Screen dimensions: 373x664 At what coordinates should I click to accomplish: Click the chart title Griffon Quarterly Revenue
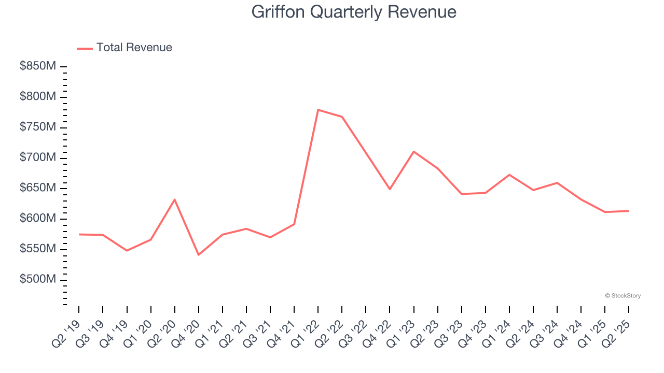(x=354, y=12)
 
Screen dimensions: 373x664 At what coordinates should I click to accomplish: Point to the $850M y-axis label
(x=38, y=66)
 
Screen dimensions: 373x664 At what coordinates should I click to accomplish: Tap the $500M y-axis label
(x=38, y=279)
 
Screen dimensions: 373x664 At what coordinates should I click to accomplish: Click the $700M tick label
(x=38, y=157)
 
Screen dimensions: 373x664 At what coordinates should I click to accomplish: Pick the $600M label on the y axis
(x=38, y=218)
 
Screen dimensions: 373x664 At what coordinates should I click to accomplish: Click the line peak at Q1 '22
(x=317, y=110)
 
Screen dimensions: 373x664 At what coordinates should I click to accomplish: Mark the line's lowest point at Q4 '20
(x=198, y=255)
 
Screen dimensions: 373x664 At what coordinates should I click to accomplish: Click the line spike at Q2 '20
(x=174, y=199)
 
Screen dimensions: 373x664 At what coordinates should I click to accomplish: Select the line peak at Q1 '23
(x=413, y=151)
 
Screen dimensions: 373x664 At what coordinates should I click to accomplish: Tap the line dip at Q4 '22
(x=390, y=189)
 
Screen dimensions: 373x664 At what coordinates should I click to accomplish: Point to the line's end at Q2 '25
(x=628, y=211)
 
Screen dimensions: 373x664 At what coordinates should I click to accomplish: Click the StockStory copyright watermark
(x=622, y=296)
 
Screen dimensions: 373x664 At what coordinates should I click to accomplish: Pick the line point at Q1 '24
(x=509, y=175)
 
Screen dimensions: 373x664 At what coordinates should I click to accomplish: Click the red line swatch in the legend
(x=85, y=48)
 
